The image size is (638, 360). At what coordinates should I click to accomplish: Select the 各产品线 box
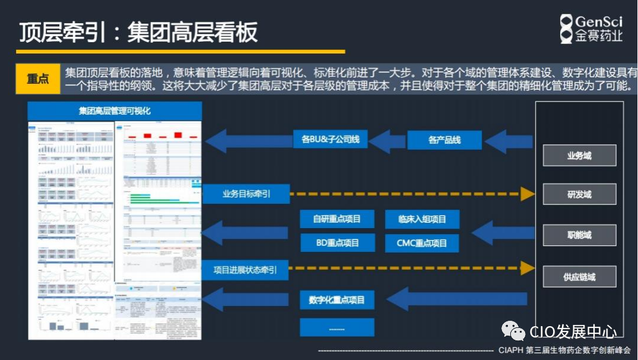point(444,140)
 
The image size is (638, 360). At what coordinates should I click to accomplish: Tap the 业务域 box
point(579,156)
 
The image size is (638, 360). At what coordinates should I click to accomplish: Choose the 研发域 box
point(579,194)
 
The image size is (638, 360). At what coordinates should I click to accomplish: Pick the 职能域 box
point(579,235)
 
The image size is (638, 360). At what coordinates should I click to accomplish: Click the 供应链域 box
point(579,277)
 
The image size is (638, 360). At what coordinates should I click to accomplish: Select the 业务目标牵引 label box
point(246,194)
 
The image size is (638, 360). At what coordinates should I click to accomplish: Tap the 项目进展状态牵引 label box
point(245,270)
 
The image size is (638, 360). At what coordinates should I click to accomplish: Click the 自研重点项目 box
point(337,219)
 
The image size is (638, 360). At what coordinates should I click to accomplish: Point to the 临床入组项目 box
point(422,219)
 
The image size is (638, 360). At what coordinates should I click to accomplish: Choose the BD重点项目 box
point(337,243)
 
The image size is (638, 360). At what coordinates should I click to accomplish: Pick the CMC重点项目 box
point(422,243)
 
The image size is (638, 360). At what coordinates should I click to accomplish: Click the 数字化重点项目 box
point(337,299)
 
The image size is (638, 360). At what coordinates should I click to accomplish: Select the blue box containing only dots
point(337,327)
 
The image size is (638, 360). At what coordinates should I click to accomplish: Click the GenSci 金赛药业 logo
point(591,29)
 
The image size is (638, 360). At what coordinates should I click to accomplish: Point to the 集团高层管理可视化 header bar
point(115,111)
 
